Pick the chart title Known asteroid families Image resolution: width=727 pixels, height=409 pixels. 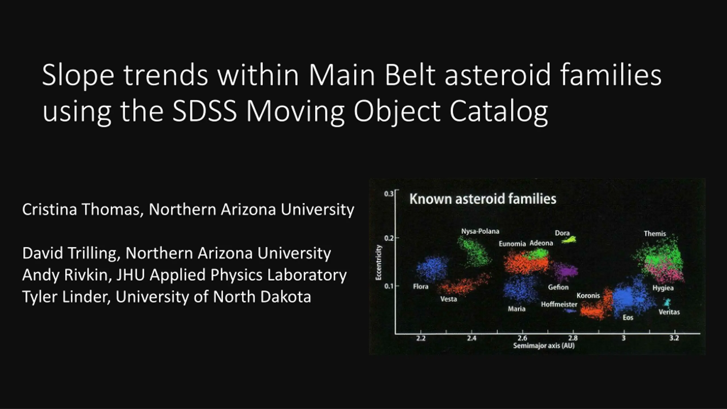tap(483, 199)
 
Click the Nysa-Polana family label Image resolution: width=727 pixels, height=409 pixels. tap(480, 231)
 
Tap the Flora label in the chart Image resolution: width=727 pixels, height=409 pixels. tap(421, 286)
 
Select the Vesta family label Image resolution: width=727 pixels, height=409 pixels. tap(449, 299)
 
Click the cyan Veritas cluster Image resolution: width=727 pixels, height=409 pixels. tap(667, 303)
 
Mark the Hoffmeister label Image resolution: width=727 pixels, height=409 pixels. tap(559, 304)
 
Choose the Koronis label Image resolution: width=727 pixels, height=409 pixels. tap(588, 296)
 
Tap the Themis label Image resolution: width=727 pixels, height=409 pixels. tap(655, 233)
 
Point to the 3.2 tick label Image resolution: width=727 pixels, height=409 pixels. tap(674, 338)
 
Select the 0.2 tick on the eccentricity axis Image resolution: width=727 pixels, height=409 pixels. tap(389, 238)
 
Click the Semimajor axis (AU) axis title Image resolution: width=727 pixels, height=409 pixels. tap(544, 346)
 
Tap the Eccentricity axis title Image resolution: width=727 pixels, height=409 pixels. tap(379, 262)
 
